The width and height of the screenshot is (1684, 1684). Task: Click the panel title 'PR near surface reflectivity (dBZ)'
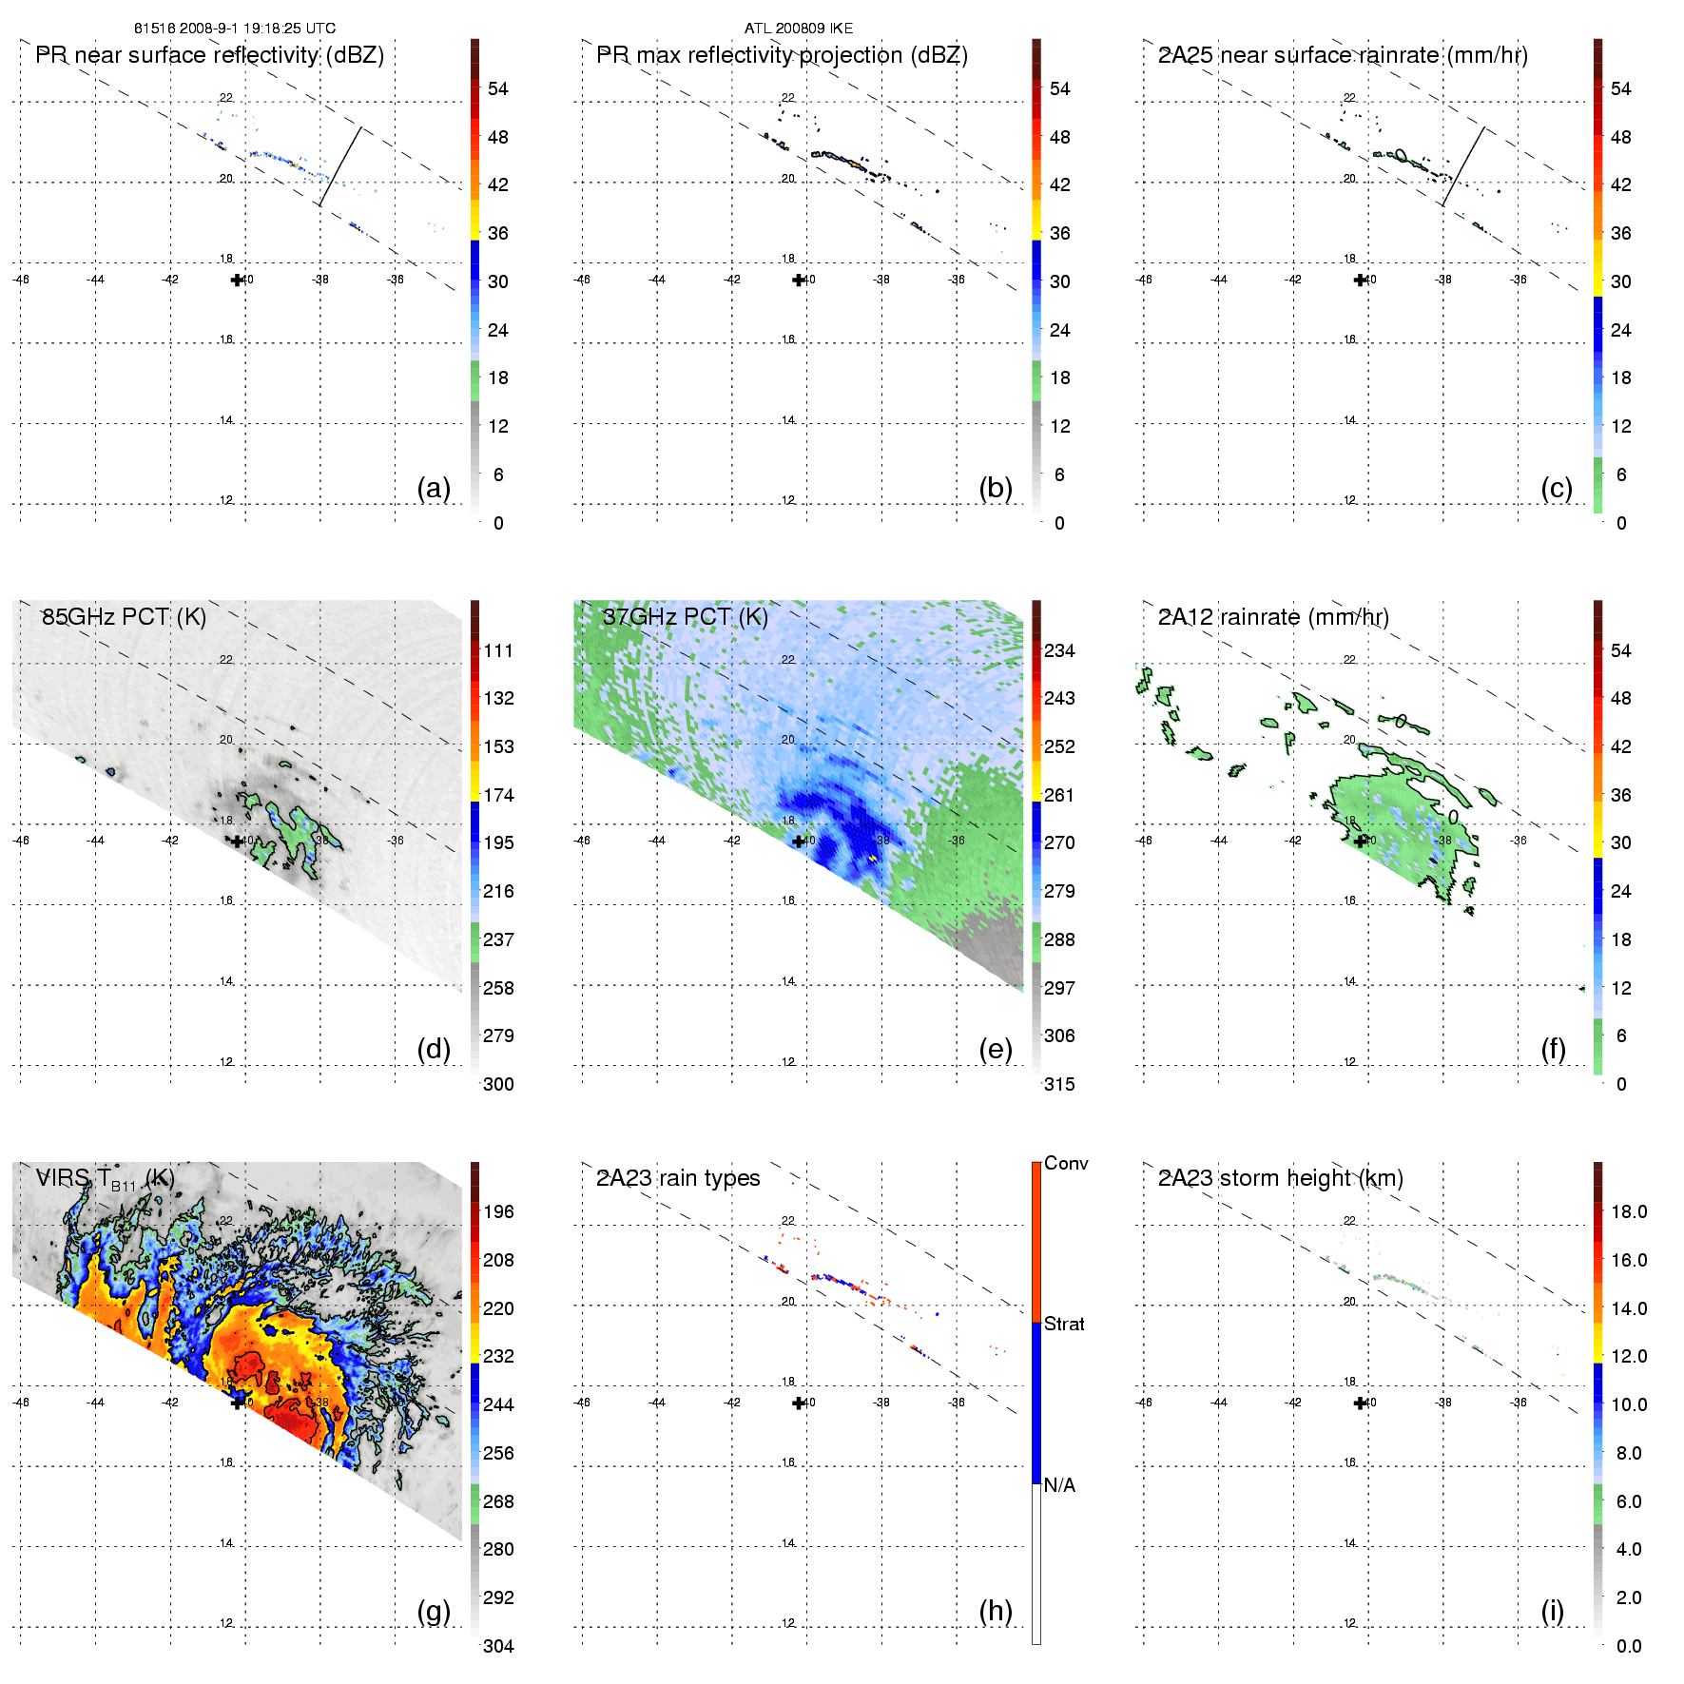[x=209, y=55]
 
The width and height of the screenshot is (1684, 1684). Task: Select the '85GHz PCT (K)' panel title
[x=124, y=617]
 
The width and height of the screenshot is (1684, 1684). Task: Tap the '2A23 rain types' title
[x=678, y=1178]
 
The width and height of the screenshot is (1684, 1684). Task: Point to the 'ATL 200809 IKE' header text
[x=799, y=29]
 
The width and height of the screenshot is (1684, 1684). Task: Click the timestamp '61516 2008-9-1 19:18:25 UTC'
[x=235, y=29]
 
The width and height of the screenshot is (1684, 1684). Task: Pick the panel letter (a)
[x=434, y=488]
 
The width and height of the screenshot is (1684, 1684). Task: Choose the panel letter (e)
[x=996, y=1049]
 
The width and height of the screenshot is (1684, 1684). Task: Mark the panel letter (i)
[x=1552, y=1611]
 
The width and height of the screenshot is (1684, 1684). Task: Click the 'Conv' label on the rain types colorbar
[x=1066, y=1163]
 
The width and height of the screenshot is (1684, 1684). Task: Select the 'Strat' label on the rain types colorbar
[x=1064, y=1324]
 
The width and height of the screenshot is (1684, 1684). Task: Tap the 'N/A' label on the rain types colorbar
[x=1059, y=1485]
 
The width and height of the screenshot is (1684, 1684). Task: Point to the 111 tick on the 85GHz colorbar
[x=498, y=650]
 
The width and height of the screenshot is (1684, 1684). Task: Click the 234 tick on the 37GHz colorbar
[x=1059, y=650]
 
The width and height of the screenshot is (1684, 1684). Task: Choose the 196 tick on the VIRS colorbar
[x=498, y=1211]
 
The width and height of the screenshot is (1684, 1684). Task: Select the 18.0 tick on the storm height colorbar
[x=1629, y=1211]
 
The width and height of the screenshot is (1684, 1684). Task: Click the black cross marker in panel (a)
[x=237, y=280]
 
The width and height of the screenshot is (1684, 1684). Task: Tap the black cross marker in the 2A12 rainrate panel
[x=1361, y=841]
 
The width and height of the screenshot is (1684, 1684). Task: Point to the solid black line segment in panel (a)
[x=340, y=166]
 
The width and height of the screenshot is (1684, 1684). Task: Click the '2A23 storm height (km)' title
[x=1280, y=1178]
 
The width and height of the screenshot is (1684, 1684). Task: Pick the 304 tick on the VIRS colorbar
[x=498, y=1646]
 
